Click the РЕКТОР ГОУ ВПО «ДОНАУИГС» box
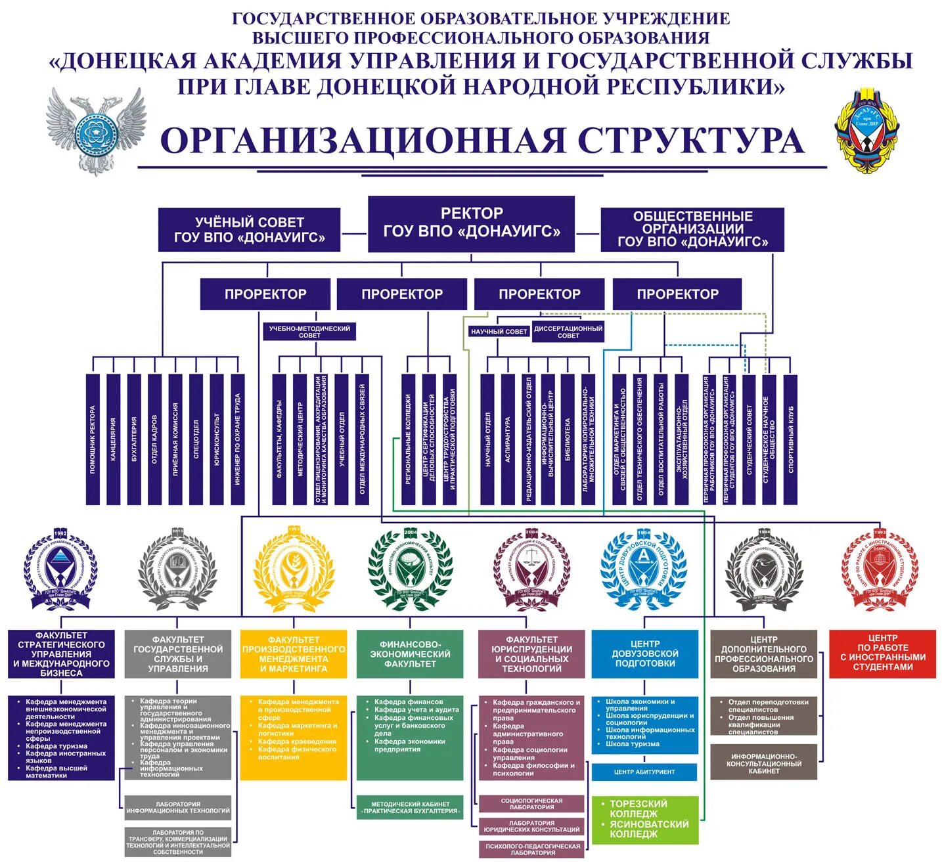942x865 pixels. point(471,223)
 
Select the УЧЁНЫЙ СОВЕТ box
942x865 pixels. point(249,230)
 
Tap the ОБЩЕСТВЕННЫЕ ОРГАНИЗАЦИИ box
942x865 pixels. point(692,229)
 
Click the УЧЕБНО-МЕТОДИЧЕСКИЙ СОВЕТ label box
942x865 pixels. point(309,332)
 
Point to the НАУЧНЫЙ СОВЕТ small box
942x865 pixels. point(499,332)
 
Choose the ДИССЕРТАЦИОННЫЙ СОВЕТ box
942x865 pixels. point(568,332)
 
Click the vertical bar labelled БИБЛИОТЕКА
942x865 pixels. point(568,439)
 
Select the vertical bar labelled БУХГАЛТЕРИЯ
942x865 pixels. point(134,439)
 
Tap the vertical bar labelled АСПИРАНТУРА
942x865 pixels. point(508,439)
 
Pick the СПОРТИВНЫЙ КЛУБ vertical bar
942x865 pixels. point(790,439)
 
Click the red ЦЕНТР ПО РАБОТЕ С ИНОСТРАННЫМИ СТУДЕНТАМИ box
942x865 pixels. point(882,653)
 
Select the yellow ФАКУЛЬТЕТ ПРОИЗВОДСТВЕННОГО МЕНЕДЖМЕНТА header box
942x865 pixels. point(294,654)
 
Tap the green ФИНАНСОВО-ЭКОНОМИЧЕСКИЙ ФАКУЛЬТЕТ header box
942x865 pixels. point(410,654)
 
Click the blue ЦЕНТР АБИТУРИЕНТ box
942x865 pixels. point(644,772)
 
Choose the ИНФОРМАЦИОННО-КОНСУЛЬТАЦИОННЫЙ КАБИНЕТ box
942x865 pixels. point(763,763)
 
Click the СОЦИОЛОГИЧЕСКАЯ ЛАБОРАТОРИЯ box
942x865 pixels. point(531,804)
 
